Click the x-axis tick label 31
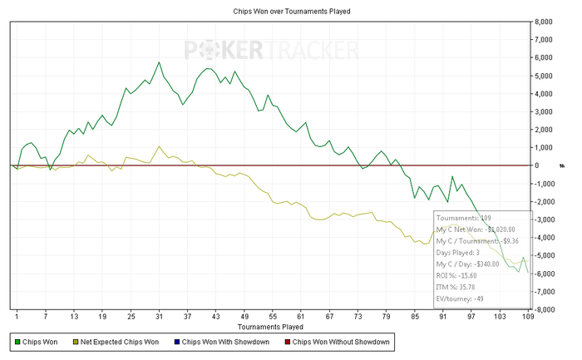click(159, 317)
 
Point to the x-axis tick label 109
click(527, 317)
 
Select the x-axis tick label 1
click(16, 317)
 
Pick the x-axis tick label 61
click(300, 317)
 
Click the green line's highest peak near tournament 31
click(159, 62)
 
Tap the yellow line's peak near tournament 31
click(159, 146)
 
